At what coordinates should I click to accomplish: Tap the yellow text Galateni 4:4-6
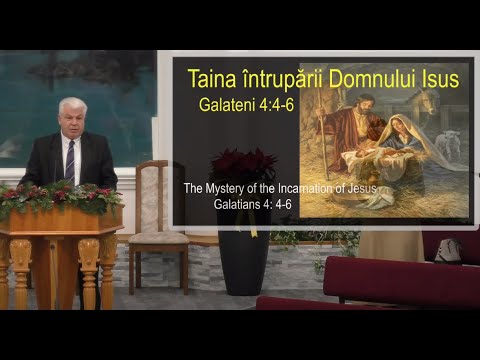click(x=239, y=103)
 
